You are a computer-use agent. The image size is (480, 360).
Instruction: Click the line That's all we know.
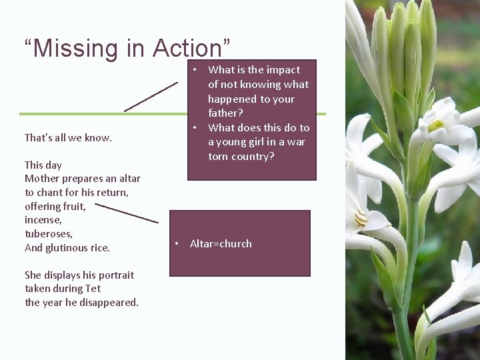click(x=68, y=138)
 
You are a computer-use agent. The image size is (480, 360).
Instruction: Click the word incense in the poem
click(x=43, y=220)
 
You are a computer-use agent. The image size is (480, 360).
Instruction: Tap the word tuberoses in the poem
click(x=48, y=234)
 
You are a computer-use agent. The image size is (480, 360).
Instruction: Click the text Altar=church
click(x=221, y=244)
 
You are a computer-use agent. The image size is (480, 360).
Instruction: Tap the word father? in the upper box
click(x=225, y=113)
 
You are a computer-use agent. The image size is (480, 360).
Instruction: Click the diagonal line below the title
click(x=151, y=97)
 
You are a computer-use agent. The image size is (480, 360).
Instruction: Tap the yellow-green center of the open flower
click(x=435, y=125)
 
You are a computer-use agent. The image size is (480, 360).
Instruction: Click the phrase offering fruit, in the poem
click(x=55, y=207)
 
